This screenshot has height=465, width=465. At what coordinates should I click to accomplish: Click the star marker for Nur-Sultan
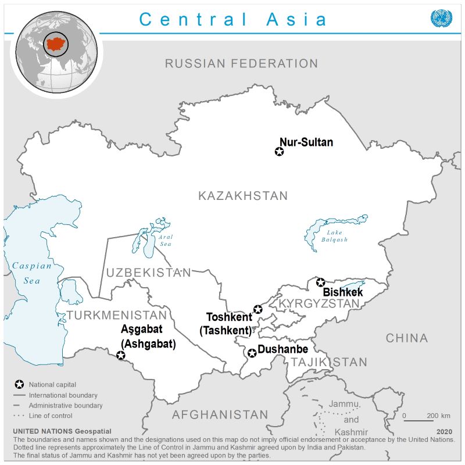(279, 152)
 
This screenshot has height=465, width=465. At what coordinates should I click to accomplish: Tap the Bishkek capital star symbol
(320, 282)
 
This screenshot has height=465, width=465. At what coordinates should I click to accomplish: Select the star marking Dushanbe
(252, 353)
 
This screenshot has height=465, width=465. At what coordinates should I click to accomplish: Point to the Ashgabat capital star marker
(121, 355)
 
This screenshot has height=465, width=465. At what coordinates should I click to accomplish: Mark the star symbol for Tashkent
(258, 309)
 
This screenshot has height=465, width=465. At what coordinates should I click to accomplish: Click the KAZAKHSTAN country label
(243, 196)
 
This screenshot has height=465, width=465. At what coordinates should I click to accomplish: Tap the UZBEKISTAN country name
(148, 273)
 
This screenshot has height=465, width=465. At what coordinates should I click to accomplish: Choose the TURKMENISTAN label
(116, 316)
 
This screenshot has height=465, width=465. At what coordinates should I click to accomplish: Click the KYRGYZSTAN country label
(319, 304)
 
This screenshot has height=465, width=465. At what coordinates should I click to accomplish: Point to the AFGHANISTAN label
(220, 415)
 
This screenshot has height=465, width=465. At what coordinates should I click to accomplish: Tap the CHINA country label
(407, 338)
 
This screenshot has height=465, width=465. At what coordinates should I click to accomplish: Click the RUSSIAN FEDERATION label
(241, 63)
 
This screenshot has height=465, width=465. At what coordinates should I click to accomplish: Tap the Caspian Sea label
(32, 273)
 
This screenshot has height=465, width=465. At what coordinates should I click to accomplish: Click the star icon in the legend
(19, 385)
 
